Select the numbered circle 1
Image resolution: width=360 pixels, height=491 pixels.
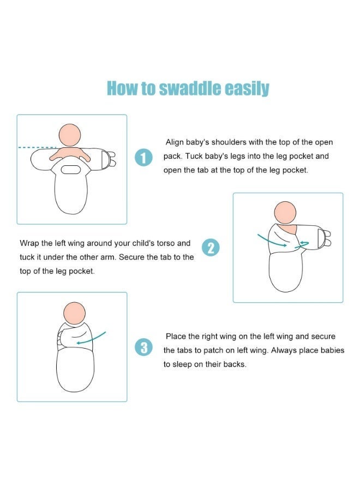tap(143, 158)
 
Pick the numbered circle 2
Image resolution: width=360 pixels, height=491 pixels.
tap(211, 247)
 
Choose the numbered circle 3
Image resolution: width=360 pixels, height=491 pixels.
tap(143, 348)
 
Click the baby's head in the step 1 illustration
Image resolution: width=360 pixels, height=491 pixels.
tap(70, 135)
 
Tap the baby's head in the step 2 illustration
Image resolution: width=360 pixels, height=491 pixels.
tap(285, 213)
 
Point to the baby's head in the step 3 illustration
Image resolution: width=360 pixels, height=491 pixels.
tap(75, 313)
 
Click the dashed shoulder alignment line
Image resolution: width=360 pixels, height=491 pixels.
tap(37, 147)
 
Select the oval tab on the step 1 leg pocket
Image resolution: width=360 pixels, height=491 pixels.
tap(71, 170)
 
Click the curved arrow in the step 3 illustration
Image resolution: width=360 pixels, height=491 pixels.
tap(91, 338)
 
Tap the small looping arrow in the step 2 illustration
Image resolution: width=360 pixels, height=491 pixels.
tap(302, 245)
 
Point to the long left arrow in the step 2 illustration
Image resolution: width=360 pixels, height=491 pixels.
tap(272, 241)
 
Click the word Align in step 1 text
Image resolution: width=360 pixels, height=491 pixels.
tap(175, 142)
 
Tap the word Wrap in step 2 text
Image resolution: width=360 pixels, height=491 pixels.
tap(29, 243)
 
